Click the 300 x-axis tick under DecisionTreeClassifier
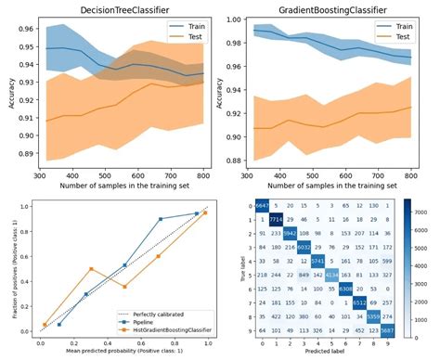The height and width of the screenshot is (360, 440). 41,174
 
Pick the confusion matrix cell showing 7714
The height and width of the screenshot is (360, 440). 277,219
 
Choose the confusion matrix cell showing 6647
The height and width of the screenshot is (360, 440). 263,205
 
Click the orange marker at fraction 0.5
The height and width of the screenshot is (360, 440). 90,269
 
